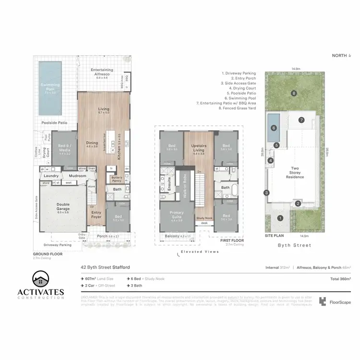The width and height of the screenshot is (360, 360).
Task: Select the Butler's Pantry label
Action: tap(117, 179)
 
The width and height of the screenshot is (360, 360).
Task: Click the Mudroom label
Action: tap(77, 176)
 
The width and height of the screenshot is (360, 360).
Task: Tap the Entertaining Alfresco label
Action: tap(102, 72)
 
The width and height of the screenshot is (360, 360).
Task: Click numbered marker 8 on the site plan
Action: tap(293, 93)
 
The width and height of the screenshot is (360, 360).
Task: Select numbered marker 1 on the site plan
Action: tap(281, 218)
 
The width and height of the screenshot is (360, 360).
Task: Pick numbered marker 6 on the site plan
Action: tap(274, 128)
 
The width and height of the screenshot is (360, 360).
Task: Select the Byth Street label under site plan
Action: tap(295, 245)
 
